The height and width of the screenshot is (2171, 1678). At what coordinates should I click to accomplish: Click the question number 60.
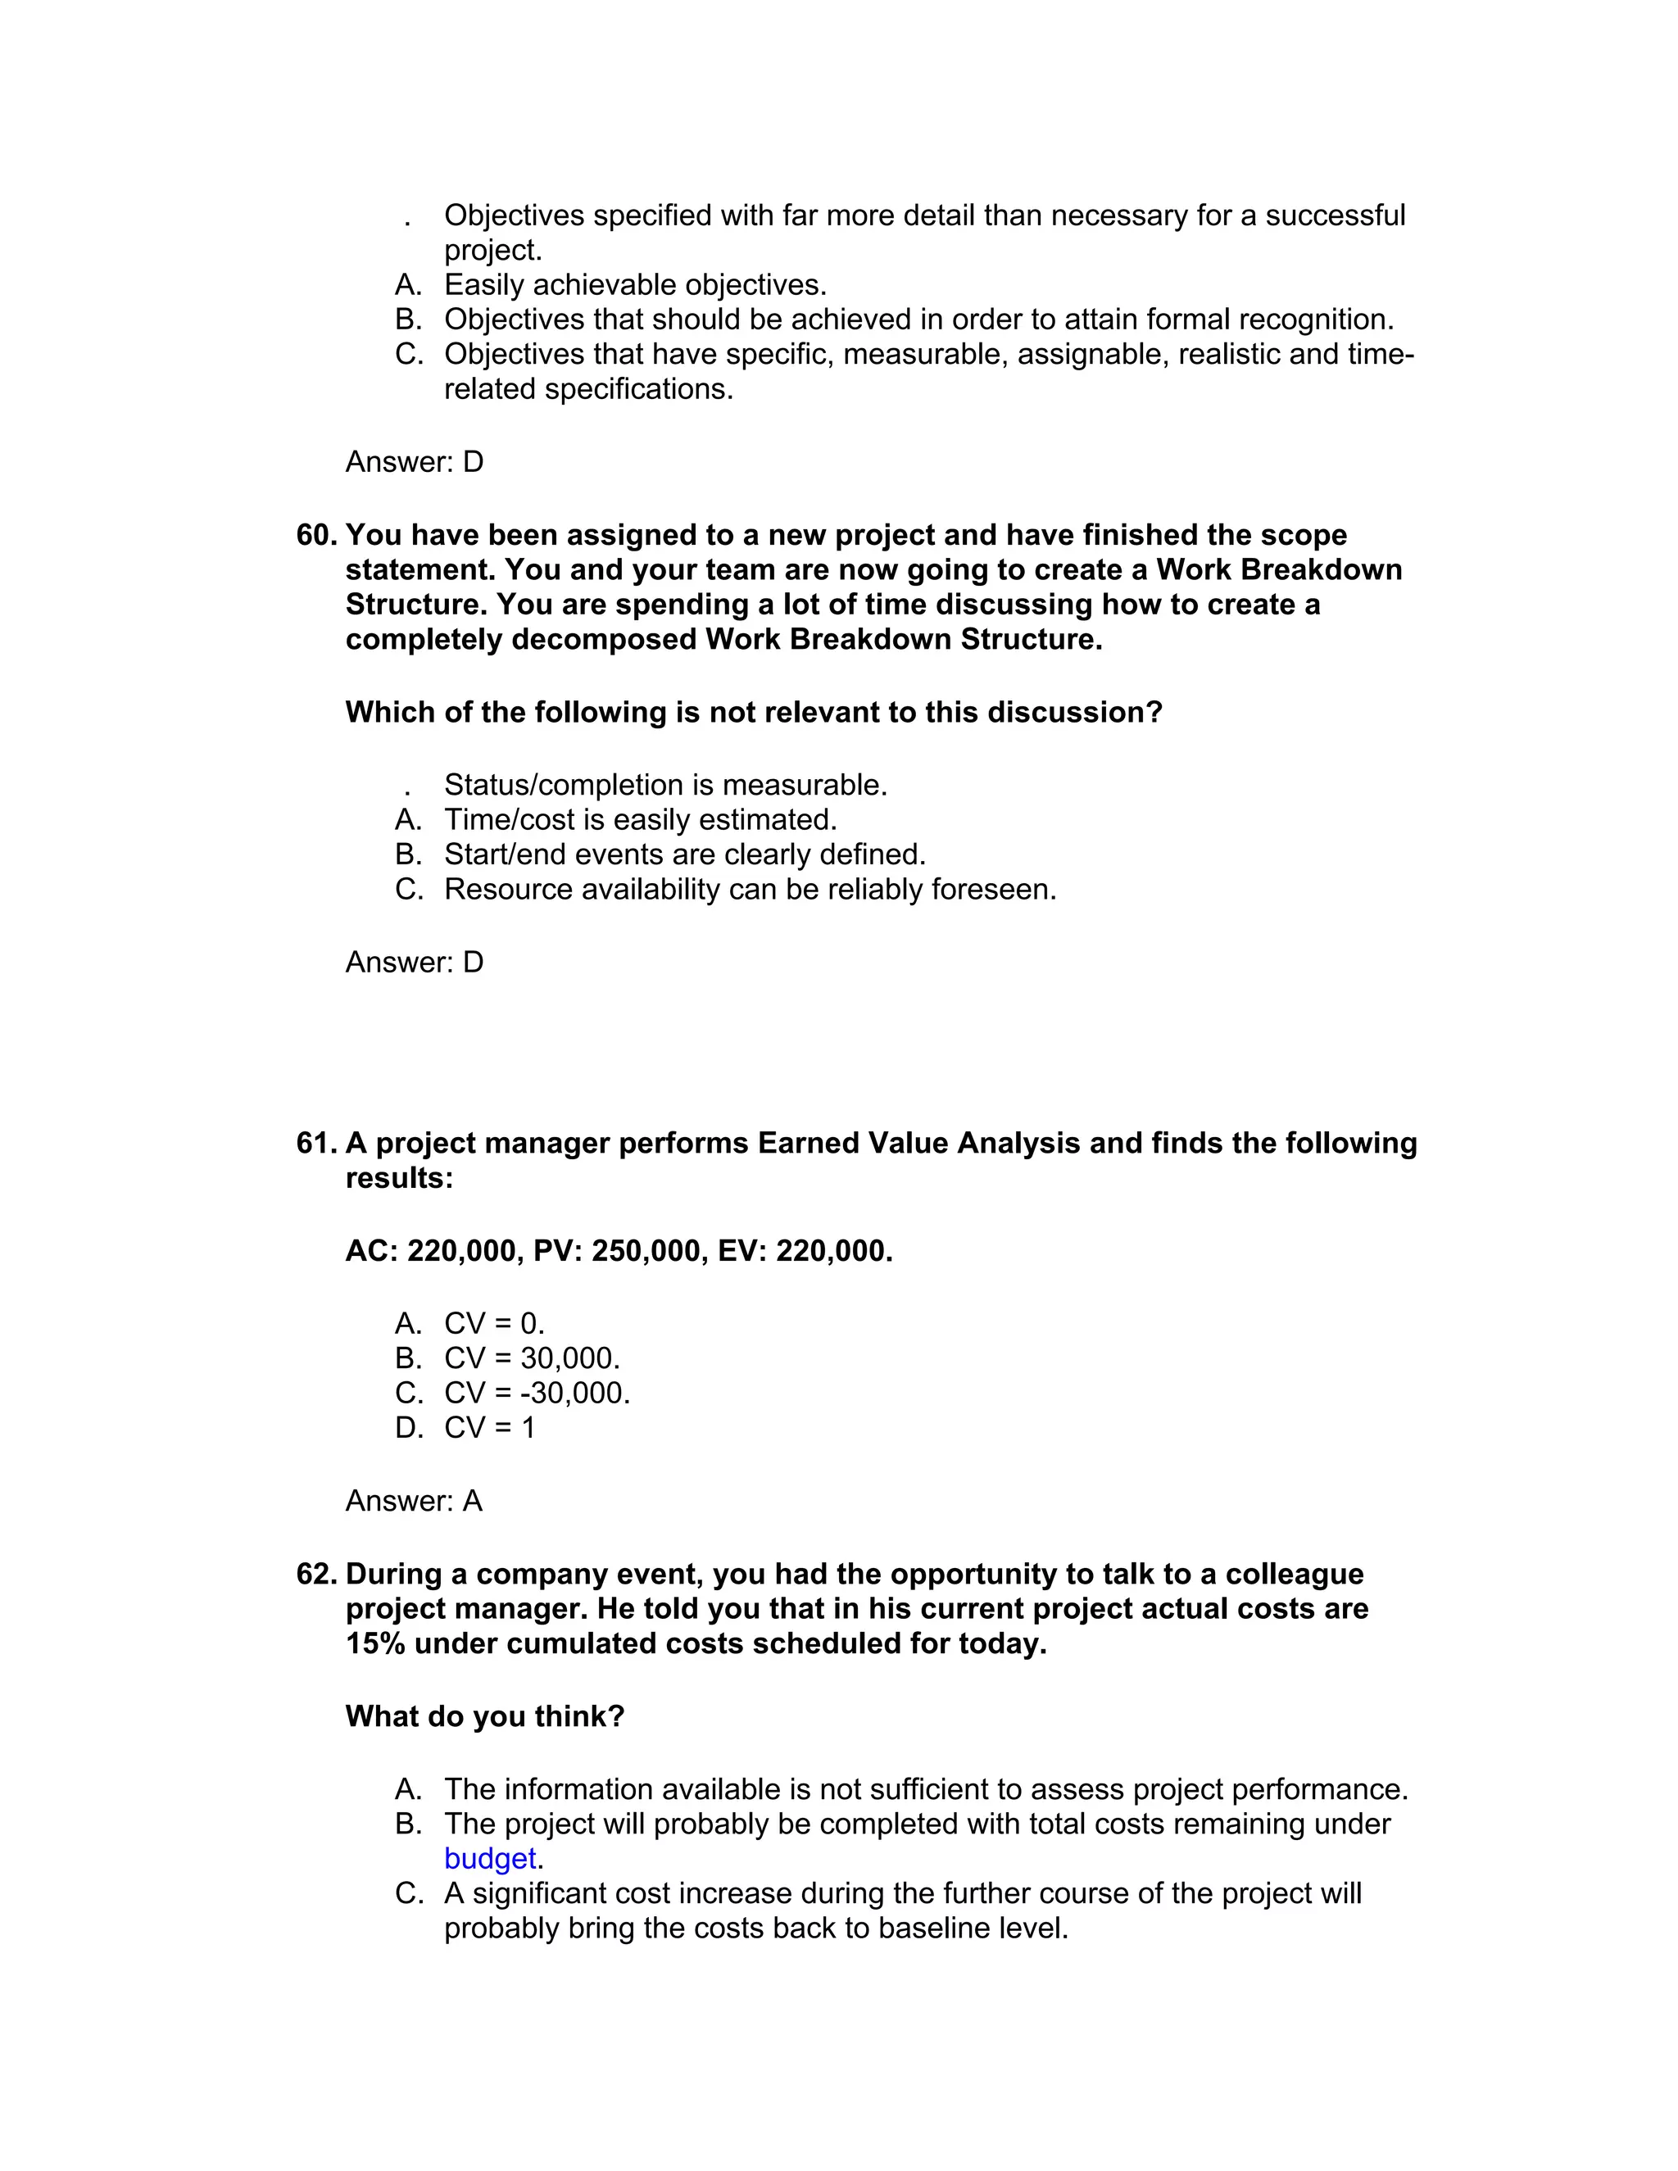[316, 535]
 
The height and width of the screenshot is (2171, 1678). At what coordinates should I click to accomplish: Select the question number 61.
[316, 1143]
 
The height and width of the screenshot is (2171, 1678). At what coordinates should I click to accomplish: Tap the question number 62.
[316, 1575]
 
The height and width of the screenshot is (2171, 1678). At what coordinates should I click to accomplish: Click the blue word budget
[490, 1859]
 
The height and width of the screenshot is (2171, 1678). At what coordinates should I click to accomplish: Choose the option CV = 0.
[494, 1324]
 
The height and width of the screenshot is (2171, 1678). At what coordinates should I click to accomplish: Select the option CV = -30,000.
[537, 1394]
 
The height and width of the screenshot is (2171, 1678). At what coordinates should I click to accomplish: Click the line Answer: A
[414, 1501]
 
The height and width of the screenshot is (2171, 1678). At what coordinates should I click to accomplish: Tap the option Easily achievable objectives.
[634, 285]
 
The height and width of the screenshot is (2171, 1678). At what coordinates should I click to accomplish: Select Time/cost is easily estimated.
[640, 820]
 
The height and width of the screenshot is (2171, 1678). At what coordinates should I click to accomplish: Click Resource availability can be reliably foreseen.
[750, 890]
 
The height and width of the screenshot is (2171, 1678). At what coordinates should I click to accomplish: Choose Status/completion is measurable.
[665, 786]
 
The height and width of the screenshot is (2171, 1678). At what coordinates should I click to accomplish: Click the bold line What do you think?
[484, 1716]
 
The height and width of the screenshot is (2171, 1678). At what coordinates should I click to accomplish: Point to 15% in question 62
[374, 1644]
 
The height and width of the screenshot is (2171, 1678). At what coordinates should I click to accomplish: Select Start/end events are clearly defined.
[684, 854]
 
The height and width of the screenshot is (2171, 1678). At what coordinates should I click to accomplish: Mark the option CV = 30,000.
[532, 1359]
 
